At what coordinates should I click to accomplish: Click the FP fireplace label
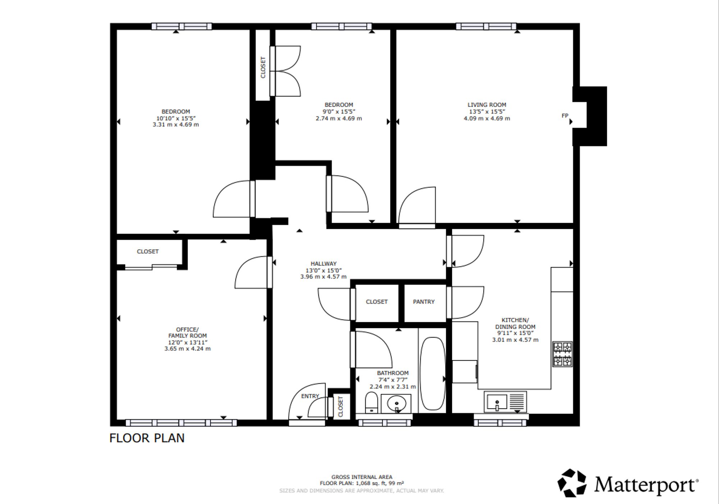(x=565, y=116)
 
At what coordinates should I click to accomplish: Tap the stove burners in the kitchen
(x=563, y=354)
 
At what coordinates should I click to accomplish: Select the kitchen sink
(x=505, y=402)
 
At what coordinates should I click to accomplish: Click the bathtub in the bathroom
(x=433, y=374)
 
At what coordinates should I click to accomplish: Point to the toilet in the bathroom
(x=371, y=403)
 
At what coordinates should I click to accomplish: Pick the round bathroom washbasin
(x=397, y=403)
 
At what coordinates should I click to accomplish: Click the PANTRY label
(x=424, y=302)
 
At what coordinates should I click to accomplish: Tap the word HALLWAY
(x=324, y=264)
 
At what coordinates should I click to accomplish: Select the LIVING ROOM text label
(x=487, y=105)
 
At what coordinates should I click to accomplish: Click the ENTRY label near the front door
(x=310, y=396)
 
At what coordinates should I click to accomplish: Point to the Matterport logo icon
(x=572, y=483)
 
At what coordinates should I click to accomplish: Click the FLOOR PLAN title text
(x=147, y=438)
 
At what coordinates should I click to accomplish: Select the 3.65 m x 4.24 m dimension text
(x=188, y=349)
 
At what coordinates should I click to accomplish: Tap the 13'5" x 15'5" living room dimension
(x=487, y=112)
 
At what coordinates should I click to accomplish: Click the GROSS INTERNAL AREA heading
(x=362, y=477)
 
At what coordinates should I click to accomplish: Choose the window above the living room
(x=486, y=26)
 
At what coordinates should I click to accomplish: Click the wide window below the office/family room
(x=181, y=423)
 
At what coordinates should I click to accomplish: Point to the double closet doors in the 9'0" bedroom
(x=285, y=71)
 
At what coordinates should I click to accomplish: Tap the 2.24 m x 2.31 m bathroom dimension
(x=393, y=387)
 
